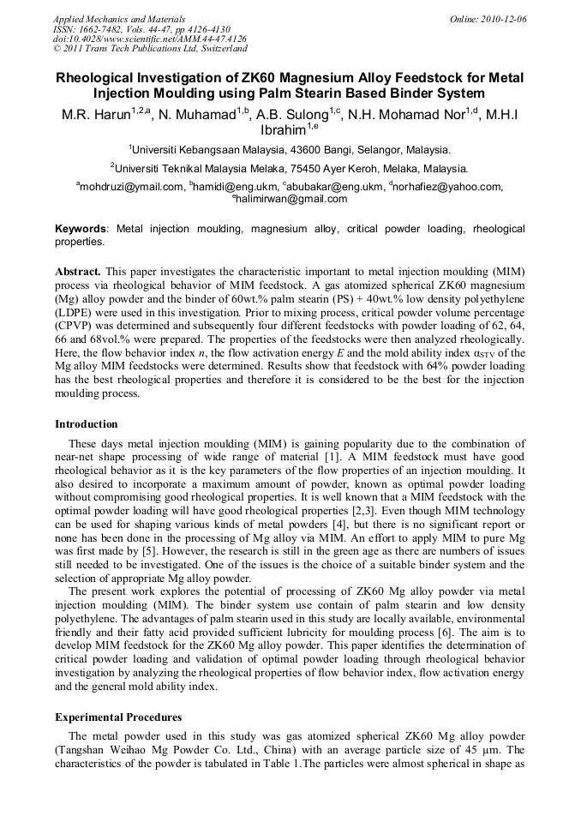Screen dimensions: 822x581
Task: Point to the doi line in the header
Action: pyautogui.click(x=149, y=39)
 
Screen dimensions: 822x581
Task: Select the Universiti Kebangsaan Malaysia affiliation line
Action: pyautogui.click(x=290, y=149)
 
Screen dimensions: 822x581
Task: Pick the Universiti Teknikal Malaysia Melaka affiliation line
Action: pyautogui.click(x=290, y=169)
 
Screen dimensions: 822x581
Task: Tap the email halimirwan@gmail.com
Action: pyautogui.click(x=291, y=199)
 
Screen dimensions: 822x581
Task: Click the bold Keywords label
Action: pyautogui.click(x=81, y=230)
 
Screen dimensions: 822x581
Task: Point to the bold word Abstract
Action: pyautogui.click(x=78, y=271)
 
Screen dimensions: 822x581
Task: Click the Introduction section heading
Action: pyautogui.click(x=87, y=424)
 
